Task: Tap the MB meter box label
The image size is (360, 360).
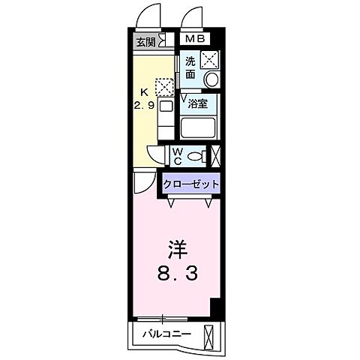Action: pos(194,39)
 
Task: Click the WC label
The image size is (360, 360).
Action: pos(177,156)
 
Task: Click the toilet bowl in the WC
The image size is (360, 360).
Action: pos(196,157)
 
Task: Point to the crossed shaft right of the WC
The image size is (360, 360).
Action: pos(216,156)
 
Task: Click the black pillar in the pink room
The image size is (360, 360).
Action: pos(216,307)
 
